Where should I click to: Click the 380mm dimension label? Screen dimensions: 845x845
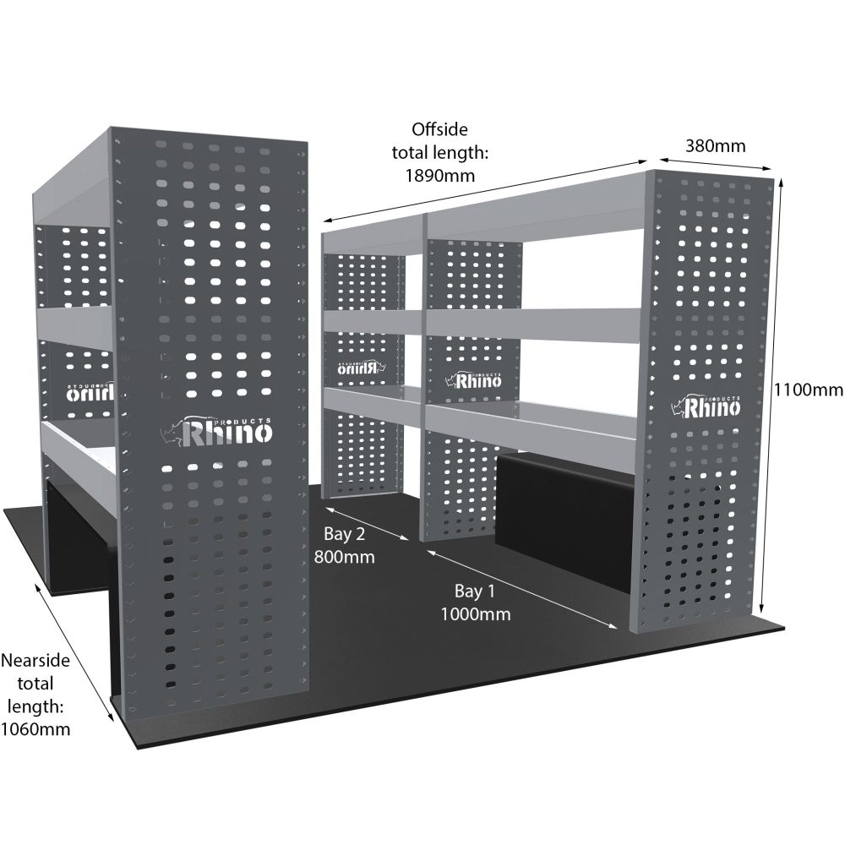coord(715,145)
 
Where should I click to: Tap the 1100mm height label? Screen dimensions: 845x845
coord(809,390)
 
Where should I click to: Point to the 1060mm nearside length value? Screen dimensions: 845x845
coord(35,728)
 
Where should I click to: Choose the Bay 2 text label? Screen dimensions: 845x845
coord(344,534)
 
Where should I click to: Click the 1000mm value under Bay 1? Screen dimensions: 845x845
coord(475,614)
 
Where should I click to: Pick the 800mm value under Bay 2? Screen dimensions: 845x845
coord(344,557)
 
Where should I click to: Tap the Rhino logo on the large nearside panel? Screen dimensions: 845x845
coord(217,432)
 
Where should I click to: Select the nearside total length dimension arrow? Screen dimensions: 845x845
coord(74,651)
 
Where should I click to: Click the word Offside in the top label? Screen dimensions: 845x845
coord(439,129)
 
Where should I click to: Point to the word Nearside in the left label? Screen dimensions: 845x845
coord(35,658)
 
